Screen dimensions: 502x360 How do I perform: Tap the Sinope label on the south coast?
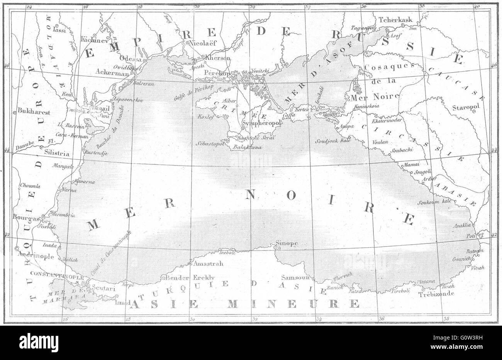pyautogui.click(x=286, y=243)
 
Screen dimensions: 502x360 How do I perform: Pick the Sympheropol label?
pyautogui.click(x=261, y=123)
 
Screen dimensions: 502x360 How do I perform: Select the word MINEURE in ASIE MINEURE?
pyautogui.click(x=293, y=304)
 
